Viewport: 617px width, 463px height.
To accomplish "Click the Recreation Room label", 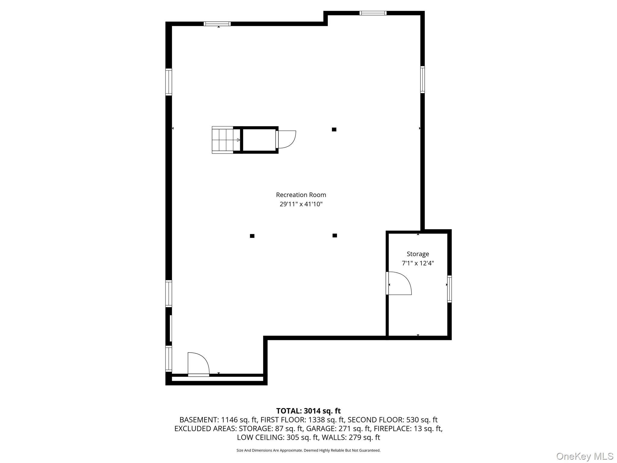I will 301,195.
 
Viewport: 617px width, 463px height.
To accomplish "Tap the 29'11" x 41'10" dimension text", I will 301,204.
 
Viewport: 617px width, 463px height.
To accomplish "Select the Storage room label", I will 418,254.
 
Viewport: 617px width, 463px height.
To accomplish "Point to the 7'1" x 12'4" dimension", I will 418,263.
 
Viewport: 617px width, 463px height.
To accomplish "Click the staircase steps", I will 223,140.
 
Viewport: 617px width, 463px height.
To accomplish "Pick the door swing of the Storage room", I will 399,283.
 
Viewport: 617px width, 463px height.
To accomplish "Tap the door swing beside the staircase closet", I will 287,139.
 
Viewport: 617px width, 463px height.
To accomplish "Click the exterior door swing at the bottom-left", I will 198,364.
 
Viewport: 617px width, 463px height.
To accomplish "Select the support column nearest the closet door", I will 334,130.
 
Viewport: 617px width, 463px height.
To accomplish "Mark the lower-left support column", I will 252,236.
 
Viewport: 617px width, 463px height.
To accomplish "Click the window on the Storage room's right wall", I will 449,289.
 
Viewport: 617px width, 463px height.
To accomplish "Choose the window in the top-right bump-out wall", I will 373,13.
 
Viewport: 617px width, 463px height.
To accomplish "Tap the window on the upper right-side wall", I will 422,80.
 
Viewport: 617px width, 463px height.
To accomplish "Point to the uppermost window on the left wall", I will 169,82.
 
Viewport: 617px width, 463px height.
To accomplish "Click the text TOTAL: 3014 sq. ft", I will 308,411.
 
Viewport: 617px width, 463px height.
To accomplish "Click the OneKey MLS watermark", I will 584,456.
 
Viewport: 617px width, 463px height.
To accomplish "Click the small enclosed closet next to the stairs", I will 259,140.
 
